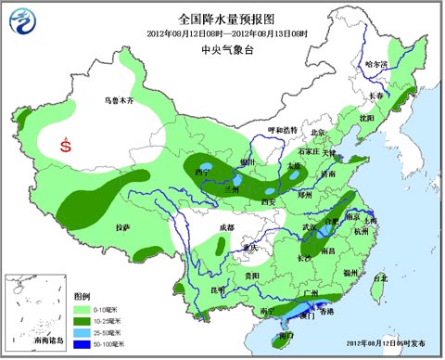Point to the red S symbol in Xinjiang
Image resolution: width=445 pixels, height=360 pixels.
pyautogui.click(x=65, y=145)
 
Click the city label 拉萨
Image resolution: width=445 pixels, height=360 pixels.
pyautogui.click(x=122, y=226)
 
